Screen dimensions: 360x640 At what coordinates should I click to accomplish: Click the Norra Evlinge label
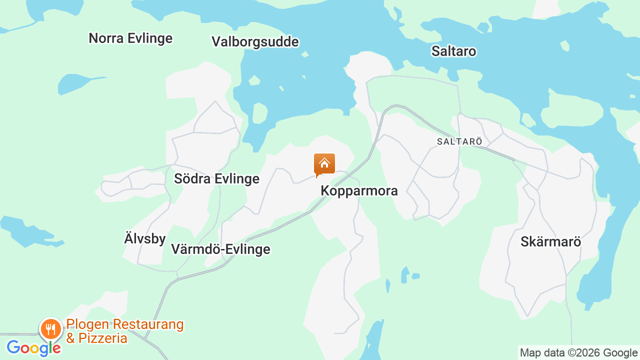(x=130, y=38)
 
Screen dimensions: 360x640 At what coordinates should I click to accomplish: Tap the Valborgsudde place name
(x=255, y=41)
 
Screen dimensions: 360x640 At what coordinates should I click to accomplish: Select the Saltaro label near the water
(x=453, y=51)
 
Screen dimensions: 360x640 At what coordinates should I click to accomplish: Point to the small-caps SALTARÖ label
(x=459, y=141)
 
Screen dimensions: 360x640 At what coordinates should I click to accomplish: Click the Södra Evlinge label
(x=216, y=178)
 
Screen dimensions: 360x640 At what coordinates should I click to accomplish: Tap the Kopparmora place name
(x=359, y=190)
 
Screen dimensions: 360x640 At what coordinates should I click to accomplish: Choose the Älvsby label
(x=144, y=238)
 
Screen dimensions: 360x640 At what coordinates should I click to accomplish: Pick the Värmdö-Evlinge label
(x=220, y=249)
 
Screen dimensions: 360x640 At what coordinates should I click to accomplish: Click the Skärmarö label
(x=550, y=241)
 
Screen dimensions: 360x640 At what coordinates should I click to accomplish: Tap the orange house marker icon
(x=324, y=164)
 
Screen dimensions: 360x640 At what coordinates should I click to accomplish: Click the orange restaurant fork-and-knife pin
(x=50, y=329)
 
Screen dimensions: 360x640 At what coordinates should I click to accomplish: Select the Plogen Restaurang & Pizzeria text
(x=124, y=331)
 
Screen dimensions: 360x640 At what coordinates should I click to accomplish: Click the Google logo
(x=33, y=347)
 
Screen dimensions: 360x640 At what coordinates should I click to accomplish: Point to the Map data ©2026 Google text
(x=578, y=353)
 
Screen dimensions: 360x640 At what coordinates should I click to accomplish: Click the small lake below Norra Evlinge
(x=75, y=83)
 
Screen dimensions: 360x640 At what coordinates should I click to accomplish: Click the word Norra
(x=103, y=38)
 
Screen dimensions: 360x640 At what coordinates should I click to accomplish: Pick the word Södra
(x=191, y=178)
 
